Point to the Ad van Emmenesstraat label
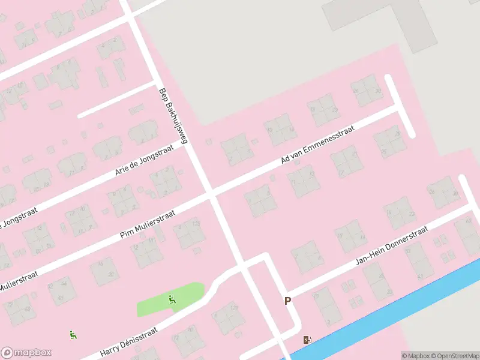(x=318, y=145)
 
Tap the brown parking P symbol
(x=287, y=301)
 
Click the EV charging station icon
(x=308, y=340)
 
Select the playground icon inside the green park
(x=172, y=300)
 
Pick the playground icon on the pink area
(x=73, y=335)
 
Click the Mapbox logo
(x=26, y=352)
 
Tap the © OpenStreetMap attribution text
(x=454, y=356)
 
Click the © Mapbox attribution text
(x=415, y=356)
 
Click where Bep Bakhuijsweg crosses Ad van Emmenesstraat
(x=209, y=194)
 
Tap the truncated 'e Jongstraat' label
(x=18, y=220)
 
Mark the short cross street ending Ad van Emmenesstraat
(x=400, y=106)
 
